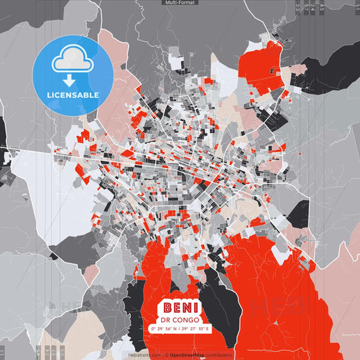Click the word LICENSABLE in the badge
pyautogui.click(x=73, y=95)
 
